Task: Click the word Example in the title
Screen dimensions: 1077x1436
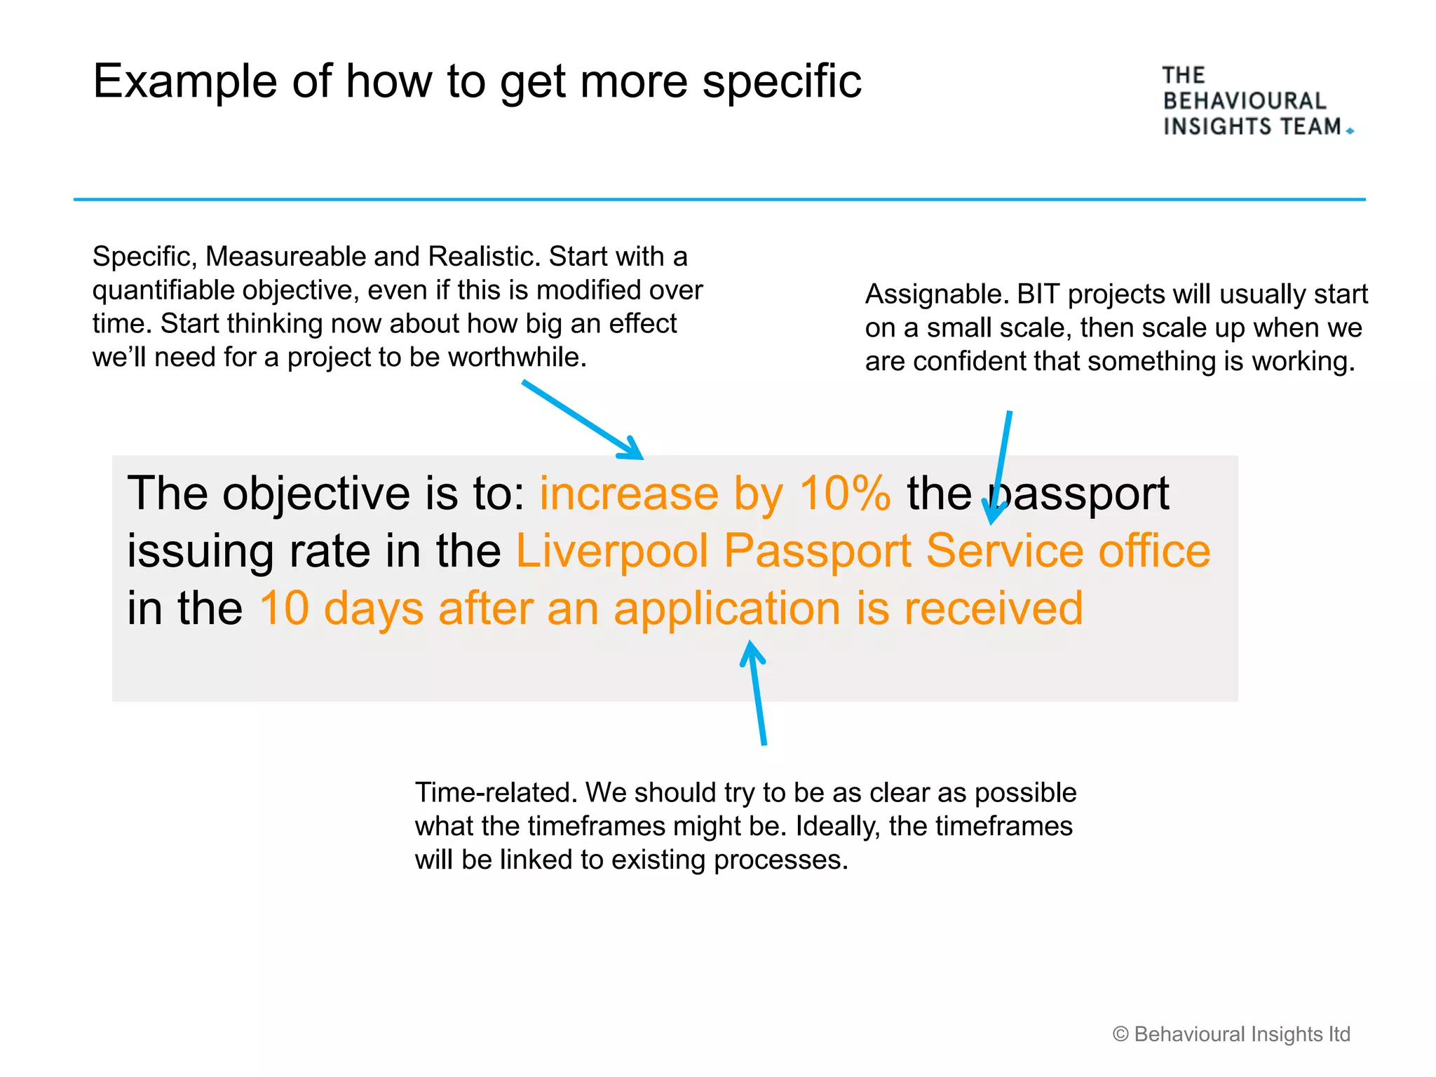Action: pyautogui.click(x=184, y=83)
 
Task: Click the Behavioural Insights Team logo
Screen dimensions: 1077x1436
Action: pyautogui.click(x=1254, y=101)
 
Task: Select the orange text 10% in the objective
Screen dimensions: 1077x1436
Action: pyautogui.click(x=845, y=493)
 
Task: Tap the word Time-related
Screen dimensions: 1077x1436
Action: pyautogui.click(x=495, y=792)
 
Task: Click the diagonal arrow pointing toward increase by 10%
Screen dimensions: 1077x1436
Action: pyautogui.click(x=582, y=419)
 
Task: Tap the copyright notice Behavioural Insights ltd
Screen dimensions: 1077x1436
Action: pyautogui.click(x=1231, y=1034)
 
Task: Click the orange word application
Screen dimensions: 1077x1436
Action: pyautogui.click(x=726, y=608)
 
